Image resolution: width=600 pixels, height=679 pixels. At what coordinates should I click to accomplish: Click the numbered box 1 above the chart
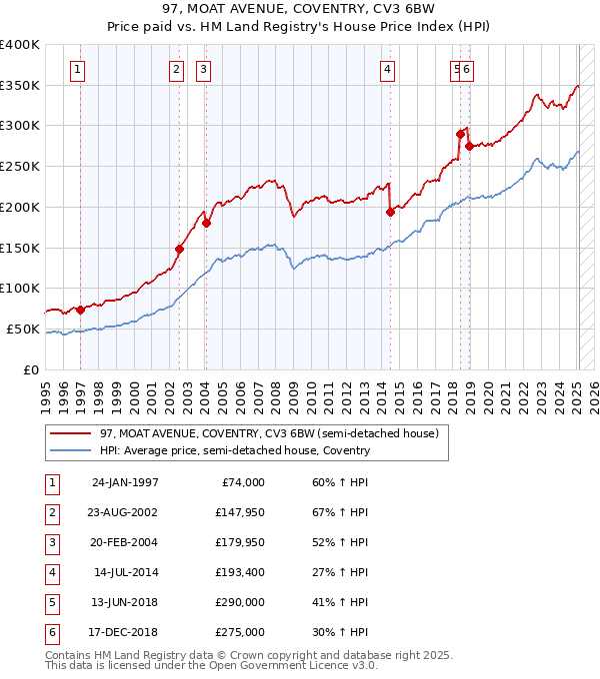(78, 69)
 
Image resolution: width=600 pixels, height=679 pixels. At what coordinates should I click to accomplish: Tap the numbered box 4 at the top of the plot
(387, 69)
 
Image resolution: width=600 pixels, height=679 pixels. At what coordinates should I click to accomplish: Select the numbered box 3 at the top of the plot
(203, 69)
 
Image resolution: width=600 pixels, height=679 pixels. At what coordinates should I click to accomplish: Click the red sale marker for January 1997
(80, 310)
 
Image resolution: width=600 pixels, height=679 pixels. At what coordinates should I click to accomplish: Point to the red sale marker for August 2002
(180, 250)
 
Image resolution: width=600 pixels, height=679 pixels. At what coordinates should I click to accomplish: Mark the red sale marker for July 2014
(390, 212)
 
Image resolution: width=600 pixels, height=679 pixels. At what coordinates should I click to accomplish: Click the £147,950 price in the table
(239, 512)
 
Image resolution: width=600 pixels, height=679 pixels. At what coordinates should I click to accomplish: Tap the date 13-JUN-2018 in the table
(125, 602)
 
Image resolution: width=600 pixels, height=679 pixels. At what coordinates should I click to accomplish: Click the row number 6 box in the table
(51, 632)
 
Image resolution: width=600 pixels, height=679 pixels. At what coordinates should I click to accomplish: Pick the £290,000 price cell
(239, 602)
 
